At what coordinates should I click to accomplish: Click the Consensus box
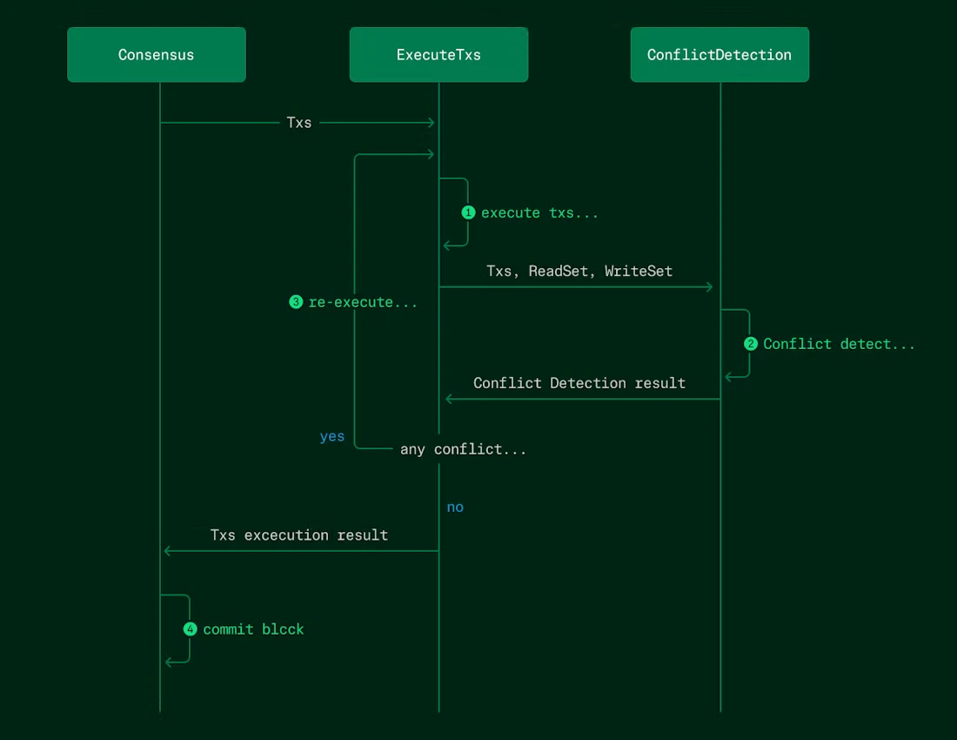(x=157, y=55)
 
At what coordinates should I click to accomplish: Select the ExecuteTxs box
(x=438, y=55)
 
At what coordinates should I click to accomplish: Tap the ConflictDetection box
(x=719, y=55)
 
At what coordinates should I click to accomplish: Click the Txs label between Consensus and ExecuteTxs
(x=299, y=123)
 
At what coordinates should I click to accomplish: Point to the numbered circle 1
(x=468, y=212)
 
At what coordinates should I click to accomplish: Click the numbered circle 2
(x=751, y=344)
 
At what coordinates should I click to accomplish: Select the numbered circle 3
(x=296, y=302)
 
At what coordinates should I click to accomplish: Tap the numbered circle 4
(x=191, y=629)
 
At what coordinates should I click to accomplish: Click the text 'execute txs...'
(x=539, y=212)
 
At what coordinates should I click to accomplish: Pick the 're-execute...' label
(x=363, y=302)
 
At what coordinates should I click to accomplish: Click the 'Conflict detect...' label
(x=839, y=344)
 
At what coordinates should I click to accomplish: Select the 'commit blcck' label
(x=253, y=629)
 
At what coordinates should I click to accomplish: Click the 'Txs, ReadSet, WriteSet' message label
(x=579, y=271)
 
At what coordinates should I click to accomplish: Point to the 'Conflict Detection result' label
(x=579, y=383)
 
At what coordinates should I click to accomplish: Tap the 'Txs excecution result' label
(x=299, y=535)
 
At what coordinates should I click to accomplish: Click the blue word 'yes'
(x=332, y=436)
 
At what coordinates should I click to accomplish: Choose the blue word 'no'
(x=455, y=507)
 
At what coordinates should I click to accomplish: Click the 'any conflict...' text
(x=463, y=449)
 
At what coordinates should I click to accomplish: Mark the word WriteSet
(x=639, y=271)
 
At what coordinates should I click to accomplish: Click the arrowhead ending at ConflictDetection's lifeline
(x=709, y=287)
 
